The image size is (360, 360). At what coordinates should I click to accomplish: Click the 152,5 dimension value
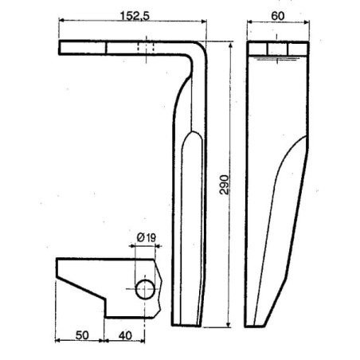pyautogui.click(x=135, y=16)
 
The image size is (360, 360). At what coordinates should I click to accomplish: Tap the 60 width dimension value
pyautogui.click(x=278, y=16)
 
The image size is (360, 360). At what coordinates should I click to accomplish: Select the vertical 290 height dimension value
pyautogui.click(x=224, y=185)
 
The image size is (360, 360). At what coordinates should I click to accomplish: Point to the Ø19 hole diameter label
pyautogui.click(x=147, y=237)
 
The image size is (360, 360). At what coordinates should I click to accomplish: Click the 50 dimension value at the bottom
pyautogui.click(x=82, y=335)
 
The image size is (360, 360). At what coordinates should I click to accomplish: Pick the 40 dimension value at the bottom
pyautogui.click(x=125, y=335)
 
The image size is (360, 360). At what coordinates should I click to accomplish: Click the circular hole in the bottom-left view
pyautogui.click(x=145, y=289)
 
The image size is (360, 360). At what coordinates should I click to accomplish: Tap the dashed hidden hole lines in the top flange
pyautogui.click(x=146, y=48)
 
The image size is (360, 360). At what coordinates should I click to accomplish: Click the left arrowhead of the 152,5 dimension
pyautogui.click(x=62, y=21)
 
